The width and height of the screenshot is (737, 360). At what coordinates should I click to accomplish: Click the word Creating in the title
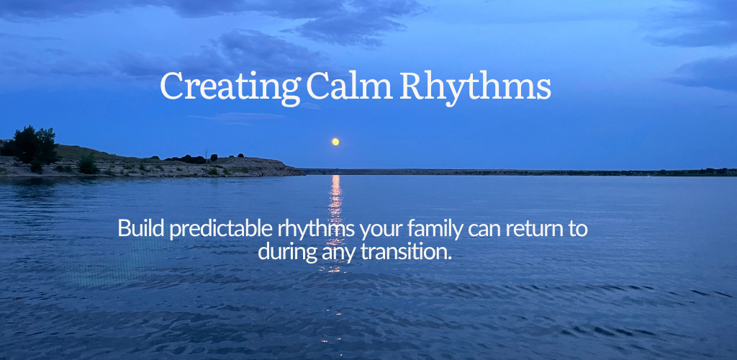(230, 87)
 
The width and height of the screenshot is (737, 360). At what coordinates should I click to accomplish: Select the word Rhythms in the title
(475, 88)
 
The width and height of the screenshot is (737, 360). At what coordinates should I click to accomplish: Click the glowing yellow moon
(335, 141)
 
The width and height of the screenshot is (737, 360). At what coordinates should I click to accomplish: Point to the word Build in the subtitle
(141, 228)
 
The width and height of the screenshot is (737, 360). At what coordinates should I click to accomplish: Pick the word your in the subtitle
(381, 231)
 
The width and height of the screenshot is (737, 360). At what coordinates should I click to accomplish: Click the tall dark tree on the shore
(34, 144)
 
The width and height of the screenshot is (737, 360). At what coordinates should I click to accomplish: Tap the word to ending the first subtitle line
(579, 230)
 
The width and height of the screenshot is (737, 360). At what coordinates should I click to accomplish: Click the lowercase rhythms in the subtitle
(316, 230)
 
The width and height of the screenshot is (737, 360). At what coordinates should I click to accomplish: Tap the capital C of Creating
(172, 86)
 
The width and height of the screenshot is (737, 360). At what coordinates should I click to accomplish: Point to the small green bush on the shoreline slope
(87, 164)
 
